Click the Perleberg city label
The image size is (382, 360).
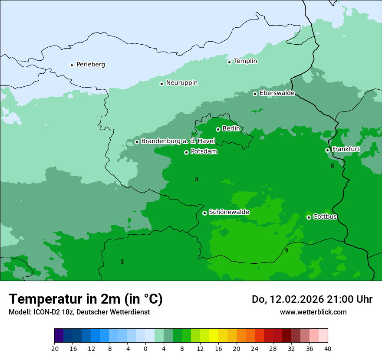(90, 65)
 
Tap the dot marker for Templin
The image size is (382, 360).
(229, 62)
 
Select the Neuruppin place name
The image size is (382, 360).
(181, 83)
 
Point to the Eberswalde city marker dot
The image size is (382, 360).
(255, 94)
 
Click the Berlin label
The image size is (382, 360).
(231, 129)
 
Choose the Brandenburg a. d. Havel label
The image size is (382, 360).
(178, 141)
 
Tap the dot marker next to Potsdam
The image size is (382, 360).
(186, 152)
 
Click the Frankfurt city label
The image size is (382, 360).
(346, 149)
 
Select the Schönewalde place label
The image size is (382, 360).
(229, 213)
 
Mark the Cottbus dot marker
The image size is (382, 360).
(309, 217)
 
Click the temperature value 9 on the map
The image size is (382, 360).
(286, 250)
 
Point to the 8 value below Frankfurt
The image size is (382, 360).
(332, 166)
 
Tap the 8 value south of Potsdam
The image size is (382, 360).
(197, 179)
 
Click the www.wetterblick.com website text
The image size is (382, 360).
(313, 312)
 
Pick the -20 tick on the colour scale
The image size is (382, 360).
(54, 348)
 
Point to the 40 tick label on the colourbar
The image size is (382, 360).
(328, 348)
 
